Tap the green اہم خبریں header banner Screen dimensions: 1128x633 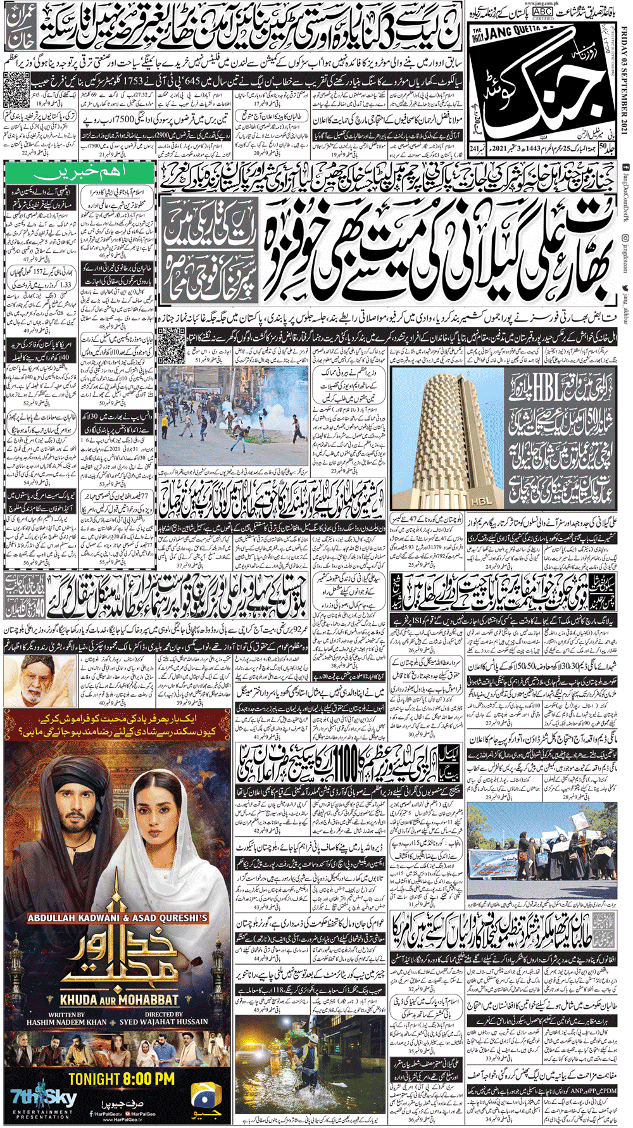(x=78, y=172)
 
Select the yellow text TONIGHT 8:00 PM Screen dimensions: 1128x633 (x=121, y=1078)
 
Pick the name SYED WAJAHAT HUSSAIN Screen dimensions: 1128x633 (x=164, y=1022)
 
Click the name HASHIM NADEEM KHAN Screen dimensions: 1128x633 (x=67, y=1022)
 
